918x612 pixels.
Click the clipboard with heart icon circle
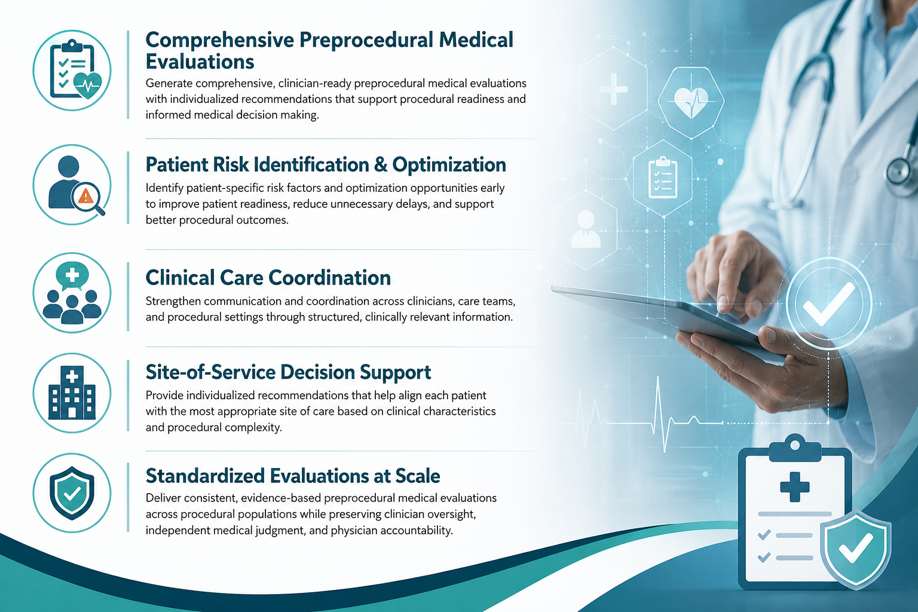(x=72, y=71)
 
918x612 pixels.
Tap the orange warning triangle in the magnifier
(x=85, y=197)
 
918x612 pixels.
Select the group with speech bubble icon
(x=72, y=293)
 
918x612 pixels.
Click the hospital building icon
(x=72, y=393)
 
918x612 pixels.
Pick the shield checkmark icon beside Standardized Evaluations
(x=72, y=492)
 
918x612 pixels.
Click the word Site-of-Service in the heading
(x=210, y=372)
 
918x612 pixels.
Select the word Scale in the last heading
(x=418, y=476)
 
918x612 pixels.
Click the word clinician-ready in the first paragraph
(x=314, y=84)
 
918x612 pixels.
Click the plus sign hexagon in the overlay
(x=614, y=88)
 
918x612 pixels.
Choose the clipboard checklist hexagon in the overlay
(x=663, y=178)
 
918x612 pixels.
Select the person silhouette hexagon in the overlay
(x=586, y=229)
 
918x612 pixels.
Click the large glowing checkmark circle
(x=829, y=304)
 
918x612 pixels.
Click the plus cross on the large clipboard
(x=795, y=487)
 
